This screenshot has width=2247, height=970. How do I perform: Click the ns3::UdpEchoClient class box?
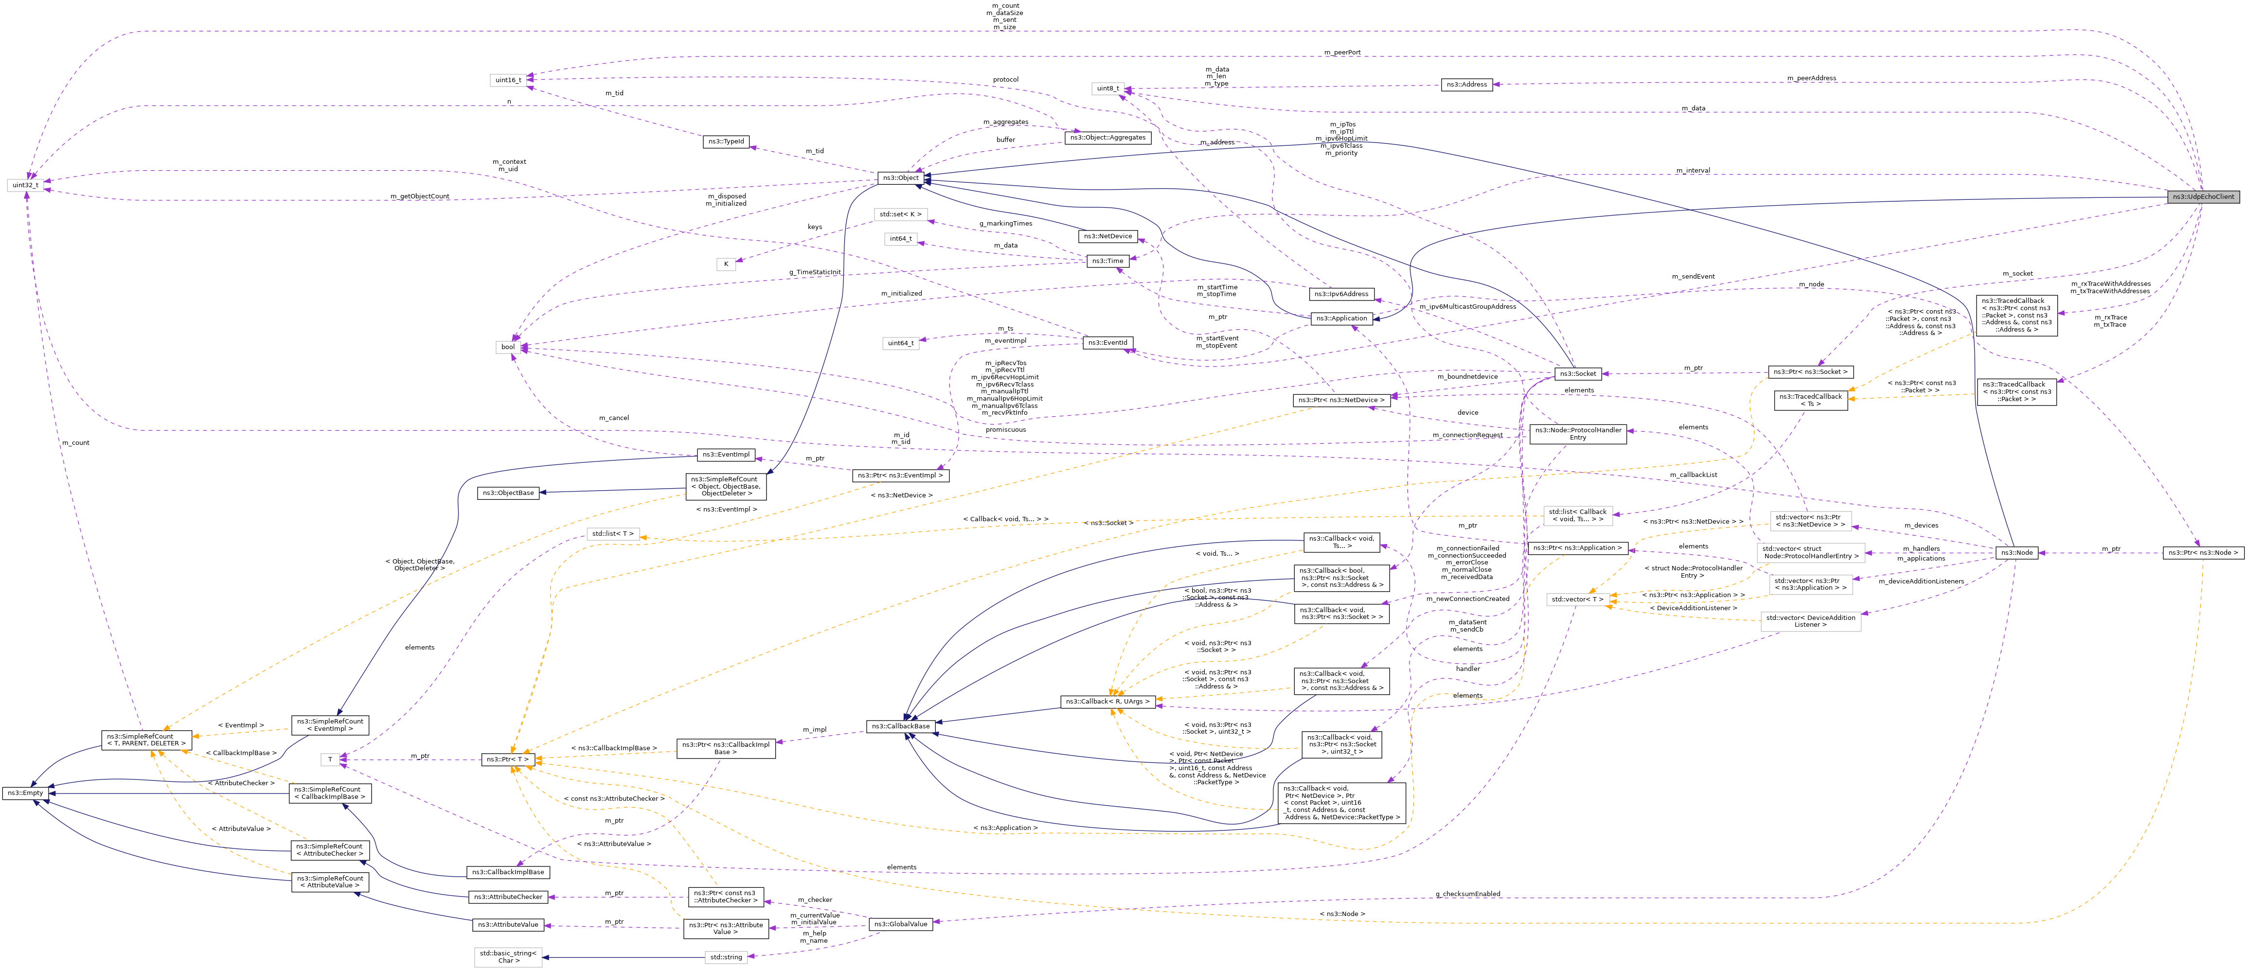point(2203,196)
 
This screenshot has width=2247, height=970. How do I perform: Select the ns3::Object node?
point(900,178)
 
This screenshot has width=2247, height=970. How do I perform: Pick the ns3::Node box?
point(2017,552)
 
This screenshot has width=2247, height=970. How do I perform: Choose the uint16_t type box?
point(509,80)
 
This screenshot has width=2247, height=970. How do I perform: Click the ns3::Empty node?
point(25,793)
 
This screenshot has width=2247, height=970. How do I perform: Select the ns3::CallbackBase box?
point(902,726)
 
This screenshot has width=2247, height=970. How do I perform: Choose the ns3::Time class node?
point(1108,261)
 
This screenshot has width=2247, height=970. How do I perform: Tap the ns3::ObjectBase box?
point(508,493)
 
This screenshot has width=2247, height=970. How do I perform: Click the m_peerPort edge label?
point(1341,53)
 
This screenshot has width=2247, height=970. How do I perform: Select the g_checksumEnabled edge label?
point(1468,894)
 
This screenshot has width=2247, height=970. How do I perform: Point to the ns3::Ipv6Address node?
point(1341,294)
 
